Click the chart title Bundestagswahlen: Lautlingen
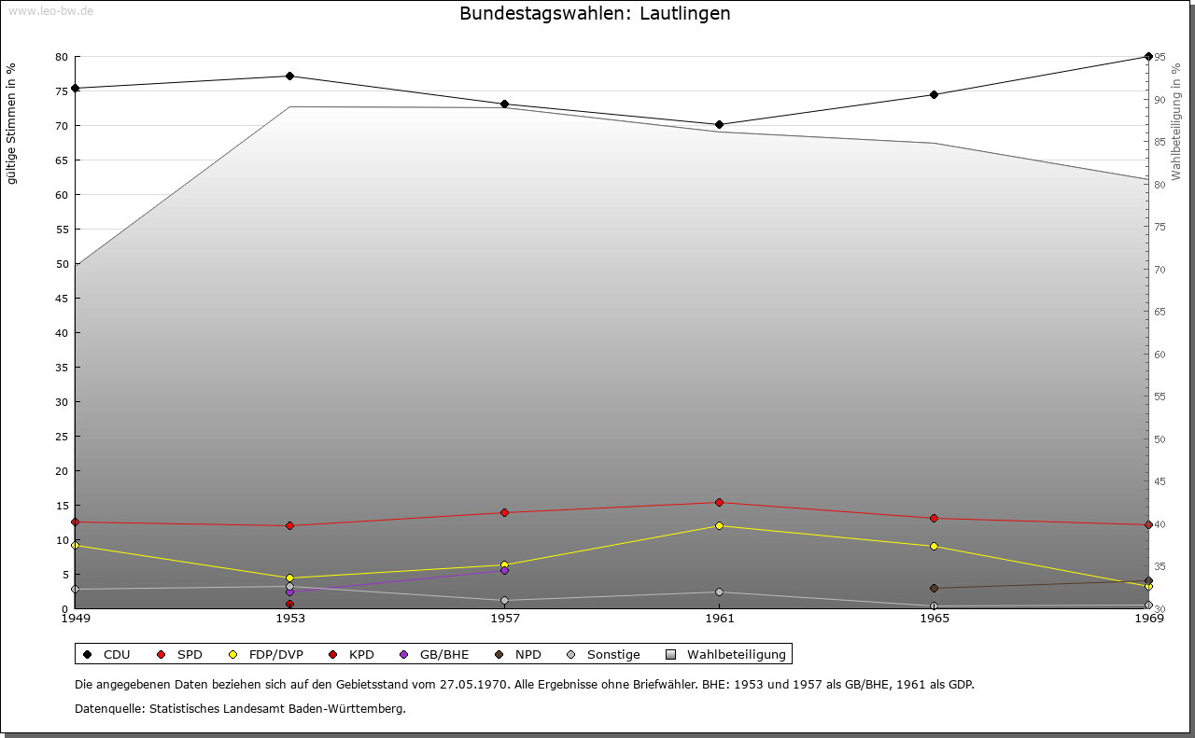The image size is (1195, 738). pyautogui.click(x=595, y=14)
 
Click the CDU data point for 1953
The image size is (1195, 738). pyautogui.click(x=290, y=76)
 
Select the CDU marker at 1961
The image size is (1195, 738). pyautogui.click(x=719, y=124)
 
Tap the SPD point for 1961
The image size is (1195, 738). pyautogui.click(x=719, y=502)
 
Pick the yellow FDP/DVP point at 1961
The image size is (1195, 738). pyautogui.click(x=719, y=525)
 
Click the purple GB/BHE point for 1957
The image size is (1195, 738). pyautogui.click(x=505, y=570)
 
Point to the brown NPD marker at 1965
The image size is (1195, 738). pyautogui.click(x=934, y=588)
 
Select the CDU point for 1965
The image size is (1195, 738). pyautogui.click(x=934, y=94)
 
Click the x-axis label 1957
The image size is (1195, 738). pyautogui.click(x=505, y=619)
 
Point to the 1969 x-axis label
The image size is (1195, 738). pyautogui.click(x=1147, y=619)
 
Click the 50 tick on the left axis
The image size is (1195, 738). pyautogui.click(x=61, y=264)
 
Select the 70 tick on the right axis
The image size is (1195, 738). pyautogui.click(x=1160, y=270)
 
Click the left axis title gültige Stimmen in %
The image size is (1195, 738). pyautogui.click(x=12, y=123)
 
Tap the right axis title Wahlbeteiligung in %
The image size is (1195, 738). pyautogui.click(x=1176, y=121)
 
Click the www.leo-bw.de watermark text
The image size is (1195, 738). pyautogui.click(x=50, y=11)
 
